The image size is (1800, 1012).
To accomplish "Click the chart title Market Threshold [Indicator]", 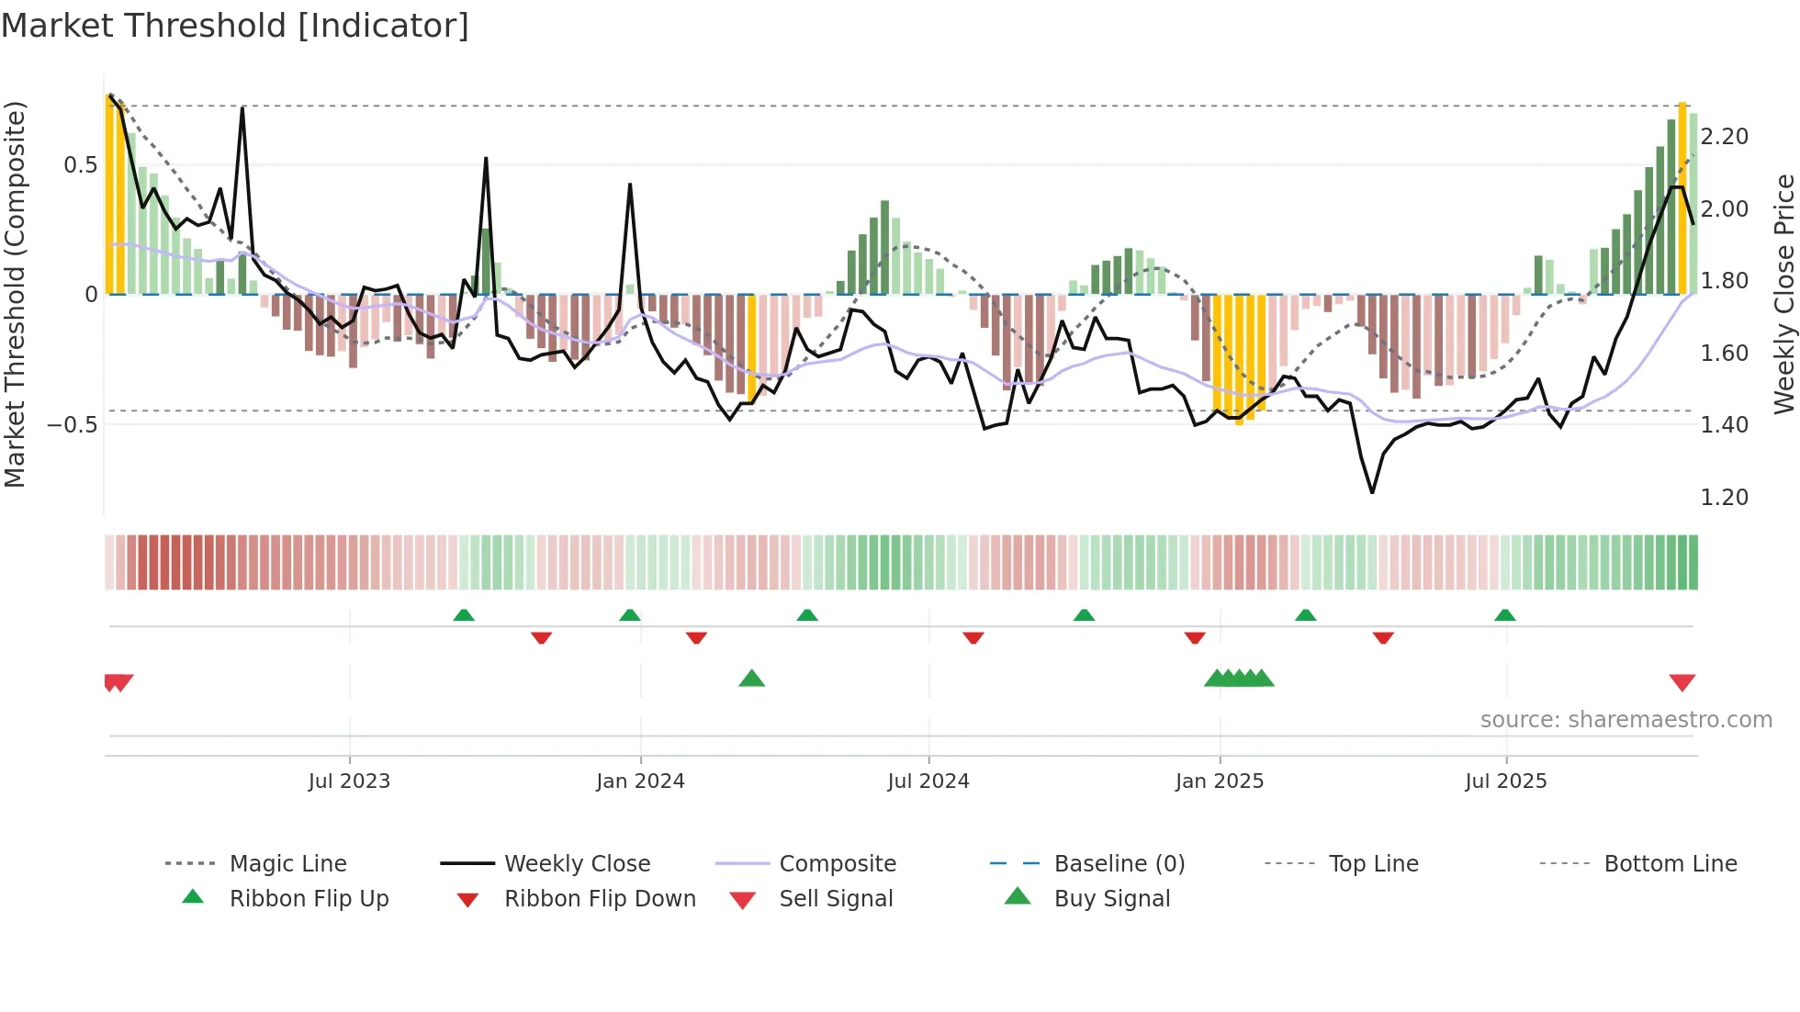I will [x=235, y=26].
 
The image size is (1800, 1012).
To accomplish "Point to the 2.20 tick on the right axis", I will [x=1724, y=137].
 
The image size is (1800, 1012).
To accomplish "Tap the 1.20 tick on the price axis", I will [x=1724, y=498].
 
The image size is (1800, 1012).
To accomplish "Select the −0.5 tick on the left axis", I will [x=72, y=424].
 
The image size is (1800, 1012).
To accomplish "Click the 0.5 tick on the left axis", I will [x=80, y=165].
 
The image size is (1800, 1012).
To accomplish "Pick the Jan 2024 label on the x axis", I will [x=640, y=781].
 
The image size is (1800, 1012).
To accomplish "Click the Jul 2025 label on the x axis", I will [x=1505, y=781].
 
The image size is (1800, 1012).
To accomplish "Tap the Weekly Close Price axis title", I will [x=1783, y=294].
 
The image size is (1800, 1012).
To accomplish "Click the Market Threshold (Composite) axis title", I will [x=15, y=294].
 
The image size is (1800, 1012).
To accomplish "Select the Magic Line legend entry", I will [x=287, y=864].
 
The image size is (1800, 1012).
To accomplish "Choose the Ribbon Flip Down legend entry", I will [x=600, y=899].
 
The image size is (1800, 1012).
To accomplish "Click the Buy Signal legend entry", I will [x=1111, y=899].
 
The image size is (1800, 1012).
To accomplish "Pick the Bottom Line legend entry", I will [x=1670, y=864].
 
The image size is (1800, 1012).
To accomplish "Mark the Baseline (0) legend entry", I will [x=1119, y=864].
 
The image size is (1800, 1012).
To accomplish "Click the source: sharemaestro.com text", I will [x=1626, y=720].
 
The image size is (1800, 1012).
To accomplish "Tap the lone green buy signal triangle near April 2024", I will [x=751, y=680].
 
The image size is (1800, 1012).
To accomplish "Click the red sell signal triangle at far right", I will [x=1682, y=682].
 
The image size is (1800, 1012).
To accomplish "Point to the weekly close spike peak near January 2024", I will [x=630, y=185].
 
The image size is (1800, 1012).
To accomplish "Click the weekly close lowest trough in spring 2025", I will [x=1372, y=492].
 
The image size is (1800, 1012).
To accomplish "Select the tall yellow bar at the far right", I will [x=1682, y=197].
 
